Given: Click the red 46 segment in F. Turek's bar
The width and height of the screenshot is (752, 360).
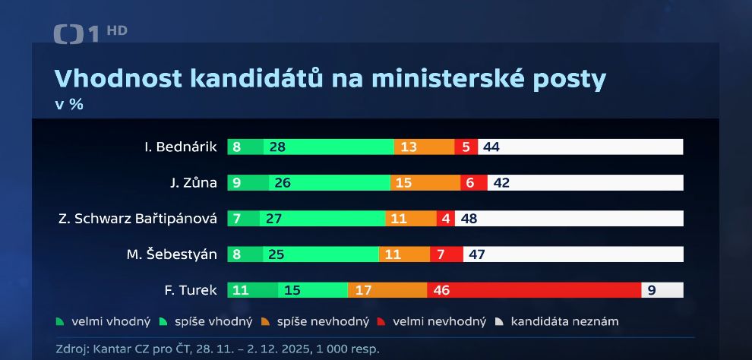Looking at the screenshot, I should tap(534, 289).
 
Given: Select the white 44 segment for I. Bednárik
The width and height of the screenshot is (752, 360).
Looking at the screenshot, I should tap(580, 147).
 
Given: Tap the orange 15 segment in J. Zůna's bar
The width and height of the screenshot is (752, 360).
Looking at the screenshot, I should tap(425, 182).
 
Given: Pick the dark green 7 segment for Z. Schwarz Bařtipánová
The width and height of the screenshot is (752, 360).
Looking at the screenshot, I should tap(243, 219).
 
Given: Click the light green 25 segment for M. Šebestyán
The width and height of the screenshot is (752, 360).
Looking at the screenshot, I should tap(321, 254).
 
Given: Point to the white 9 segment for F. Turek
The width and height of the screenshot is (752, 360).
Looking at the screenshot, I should tap(662, 289).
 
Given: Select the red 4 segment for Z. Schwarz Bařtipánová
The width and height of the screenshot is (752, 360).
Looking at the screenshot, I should tap(445, 219).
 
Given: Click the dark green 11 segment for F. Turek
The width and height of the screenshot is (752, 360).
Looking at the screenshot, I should tap(252, 289).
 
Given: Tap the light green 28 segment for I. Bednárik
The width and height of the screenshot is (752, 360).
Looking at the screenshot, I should tap(329, 147).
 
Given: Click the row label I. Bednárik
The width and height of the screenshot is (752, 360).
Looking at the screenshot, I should tap(181, 147).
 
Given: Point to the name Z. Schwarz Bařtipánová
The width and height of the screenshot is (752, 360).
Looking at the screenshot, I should tap(137, 219).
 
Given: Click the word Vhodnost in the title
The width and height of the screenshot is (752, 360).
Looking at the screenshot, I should tap(115, 79).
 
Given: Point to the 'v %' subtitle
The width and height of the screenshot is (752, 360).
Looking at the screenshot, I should tap(69, 105).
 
